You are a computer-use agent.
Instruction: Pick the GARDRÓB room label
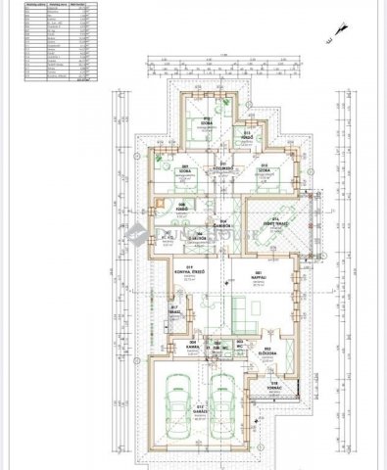tap(225, 222)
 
